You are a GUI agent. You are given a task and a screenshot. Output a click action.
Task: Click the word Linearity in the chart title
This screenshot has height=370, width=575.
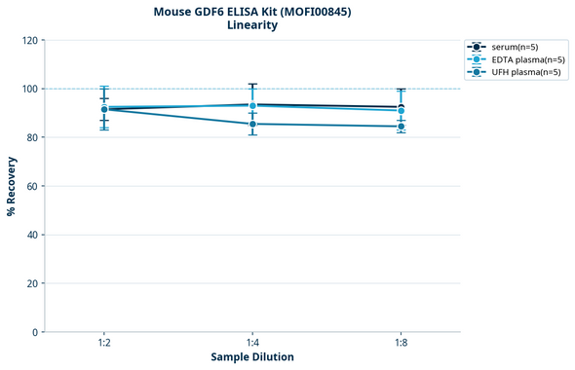pyautogui.click(x=251, y=25)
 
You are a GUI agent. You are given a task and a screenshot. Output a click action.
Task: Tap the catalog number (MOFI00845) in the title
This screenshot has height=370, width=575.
pyautogui.click(x=306, y=12)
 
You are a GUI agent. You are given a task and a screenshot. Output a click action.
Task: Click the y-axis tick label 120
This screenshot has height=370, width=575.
pyautogui.click(x=29, y=41)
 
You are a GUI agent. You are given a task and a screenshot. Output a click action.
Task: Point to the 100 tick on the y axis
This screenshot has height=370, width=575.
pyautogui.click(x=29, y=90)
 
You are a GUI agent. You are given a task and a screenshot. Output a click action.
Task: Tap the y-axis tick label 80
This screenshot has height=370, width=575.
pyautogui.click(x=32, y=138)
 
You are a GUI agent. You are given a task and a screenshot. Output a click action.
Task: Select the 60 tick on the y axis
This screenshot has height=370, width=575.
pyautogui.click(x=32, y=187)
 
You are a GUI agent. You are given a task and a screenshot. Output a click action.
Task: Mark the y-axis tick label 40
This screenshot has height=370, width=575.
pyautogui.click(x=32, y=236)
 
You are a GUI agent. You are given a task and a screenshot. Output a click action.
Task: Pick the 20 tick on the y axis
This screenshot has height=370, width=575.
pyautogui.click(x=32, y=284)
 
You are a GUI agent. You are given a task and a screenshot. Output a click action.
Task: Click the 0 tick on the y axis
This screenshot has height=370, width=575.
pyautogui.click(x=35, y=333)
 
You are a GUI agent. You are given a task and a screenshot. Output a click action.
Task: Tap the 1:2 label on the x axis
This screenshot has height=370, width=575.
pyautogui.click(x=104, y=344)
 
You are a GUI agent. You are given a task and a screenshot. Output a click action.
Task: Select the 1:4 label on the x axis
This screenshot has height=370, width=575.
pyautogui.click(x=252, y=344)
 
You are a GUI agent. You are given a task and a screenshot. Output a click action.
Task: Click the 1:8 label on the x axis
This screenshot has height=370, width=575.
pyautogui.click(x=401, y=344)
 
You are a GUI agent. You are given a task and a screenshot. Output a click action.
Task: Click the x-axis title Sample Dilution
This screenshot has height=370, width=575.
pyautogui.click(x=252, y=357)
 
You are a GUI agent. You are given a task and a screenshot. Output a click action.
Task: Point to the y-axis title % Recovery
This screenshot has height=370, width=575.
pyautogui.click(x=12, y=187)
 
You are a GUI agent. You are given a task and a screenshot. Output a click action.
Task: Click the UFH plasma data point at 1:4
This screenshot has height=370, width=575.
pyautogui.click(x=252, y=124)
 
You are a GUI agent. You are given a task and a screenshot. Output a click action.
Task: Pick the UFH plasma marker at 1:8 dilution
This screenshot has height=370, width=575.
pyautogui.click(x=401, y=127)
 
